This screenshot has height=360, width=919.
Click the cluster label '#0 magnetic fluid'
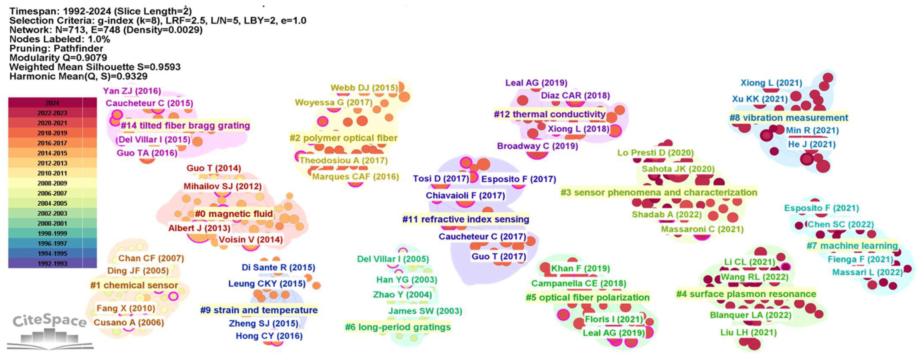click(x=234, y=214)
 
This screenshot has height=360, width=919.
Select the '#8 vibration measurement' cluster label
click(x=788, y=118)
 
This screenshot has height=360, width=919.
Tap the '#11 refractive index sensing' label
click(x=465, y=219)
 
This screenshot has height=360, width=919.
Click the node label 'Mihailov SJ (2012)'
click(x=223, y=186)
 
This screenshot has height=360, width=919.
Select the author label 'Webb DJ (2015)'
click(x=364, y=88)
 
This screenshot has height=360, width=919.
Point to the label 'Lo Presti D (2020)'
click(x=655, y=153)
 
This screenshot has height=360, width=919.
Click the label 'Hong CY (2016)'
click(x=269, y=336)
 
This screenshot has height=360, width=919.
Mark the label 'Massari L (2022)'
click(x=867, y=272)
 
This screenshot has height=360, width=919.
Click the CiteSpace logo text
click(x=49, y=321)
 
